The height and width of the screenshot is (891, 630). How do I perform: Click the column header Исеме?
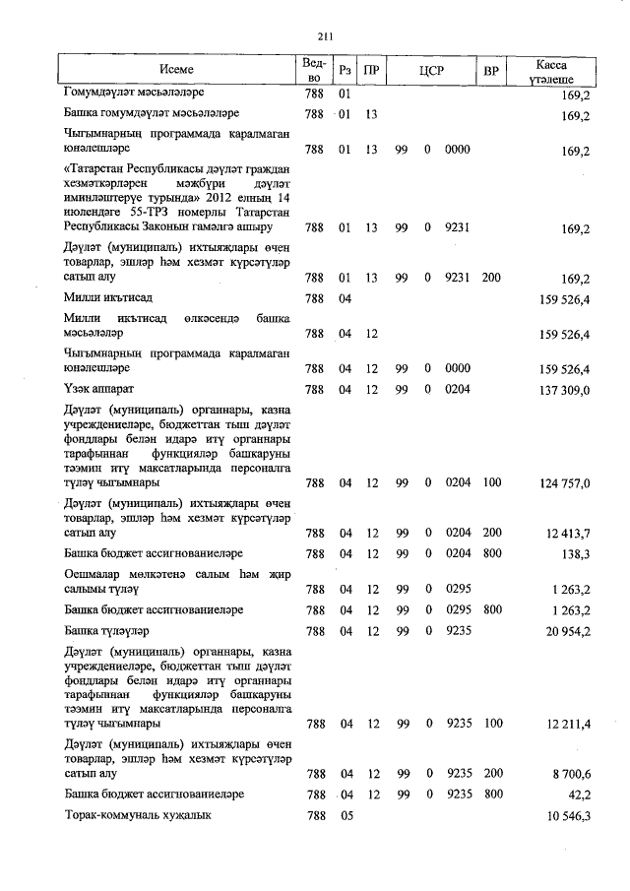click(x=177, y=70)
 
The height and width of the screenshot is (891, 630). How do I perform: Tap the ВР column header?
click(x=491, y=71)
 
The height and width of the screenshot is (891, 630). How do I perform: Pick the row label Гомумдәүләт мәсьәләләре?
click(x=133, y=95)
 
